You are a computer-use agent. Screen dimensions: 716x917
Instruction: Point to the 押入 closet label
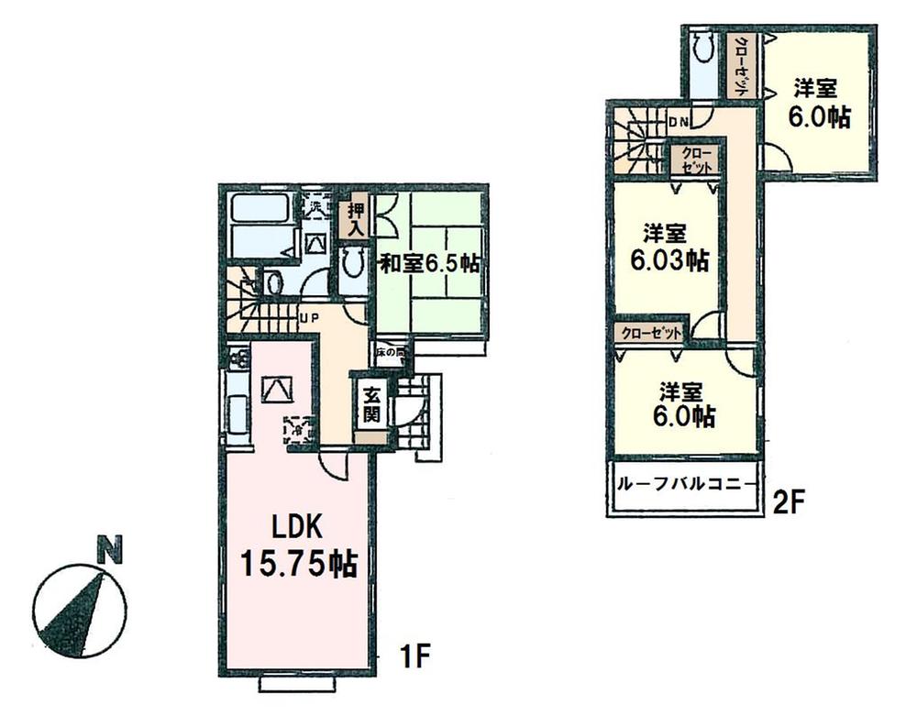pos(354,220)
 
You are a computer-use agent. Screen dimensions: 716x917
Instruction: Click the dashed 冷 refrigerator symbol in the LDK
pos(299,427)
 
